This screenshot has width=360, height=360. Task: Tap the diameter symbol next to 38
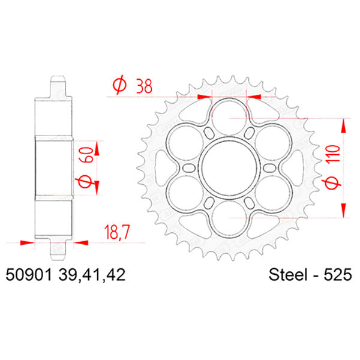[x=118, y=86]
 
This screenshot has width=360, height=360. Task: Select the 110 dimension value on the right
[x=336, y=155]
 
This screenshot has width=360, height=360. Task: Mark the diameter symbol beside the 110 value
[x=336, y=183]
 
